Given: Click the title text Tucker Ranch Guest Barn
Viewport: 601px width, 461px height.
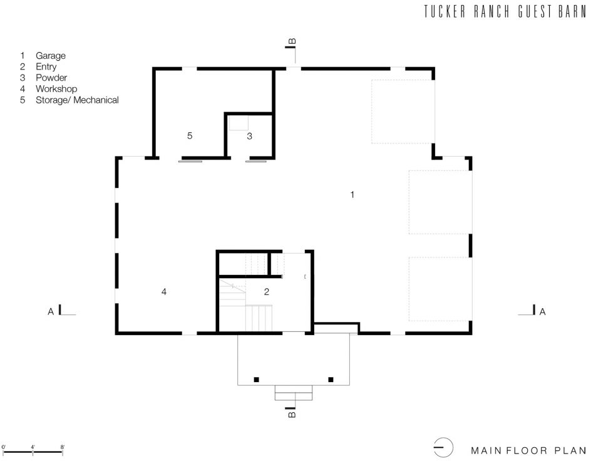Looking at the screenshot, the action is tap(505, 11).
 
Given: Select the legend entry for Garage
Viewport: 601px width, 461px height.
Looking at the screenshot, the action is tap(43, 56).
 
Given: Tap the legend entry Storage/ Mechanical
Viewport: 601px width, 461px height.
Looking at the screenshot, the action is tap(69, 100).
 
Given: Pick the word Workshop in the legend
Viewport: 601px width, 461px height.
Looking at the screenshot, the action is tap(49, 89).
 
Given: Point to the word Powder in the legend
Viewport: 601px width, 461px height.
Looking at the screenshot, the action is tap(44, 78).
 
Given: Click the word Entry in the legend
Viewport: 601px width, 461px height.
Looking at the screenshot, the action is tap(38, 67).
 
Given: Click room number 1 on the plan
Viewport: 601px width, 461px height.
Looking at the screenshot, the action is tap(352, 195).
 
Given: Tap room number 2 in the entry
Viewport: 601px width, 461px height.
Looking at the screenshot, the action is tap(267, 292).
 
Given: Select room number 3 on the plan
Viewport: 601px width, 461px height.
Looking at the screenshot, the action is tap(250, 136).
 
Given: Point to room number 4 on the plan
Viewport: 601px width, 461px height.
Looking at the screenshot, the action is tap(164, 292).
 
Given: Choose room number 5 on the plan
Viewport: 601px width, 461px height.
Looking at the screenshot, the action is tap(190, 136).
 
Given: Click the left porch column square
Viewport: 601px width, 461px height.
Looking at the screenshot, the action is tap(257, 380).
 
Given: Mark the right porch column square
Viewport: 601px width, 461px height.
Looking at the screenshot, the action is tap(331, 380).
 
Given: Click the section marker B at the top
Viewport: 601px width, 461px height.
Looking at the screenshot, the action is tap(292, 41).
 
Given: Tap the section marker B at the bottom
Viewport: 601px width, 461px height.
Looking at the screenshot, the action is tap(292, 415).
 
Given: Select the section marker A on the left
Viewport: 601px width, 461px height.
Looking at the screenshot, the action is tap(51, 312).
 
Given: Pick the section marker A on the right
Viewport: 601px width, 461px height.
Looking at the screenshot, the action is tap(542, 312).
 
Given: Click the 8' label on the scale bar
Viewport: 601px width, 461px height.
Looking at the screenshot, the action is tap(63, 447).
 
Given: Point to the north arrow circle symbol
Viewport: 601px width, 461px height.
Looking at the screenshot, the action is tap(443, 448).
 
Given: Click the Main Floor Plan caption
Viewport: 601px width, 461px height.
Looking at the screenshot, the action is tap(529, 450).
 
